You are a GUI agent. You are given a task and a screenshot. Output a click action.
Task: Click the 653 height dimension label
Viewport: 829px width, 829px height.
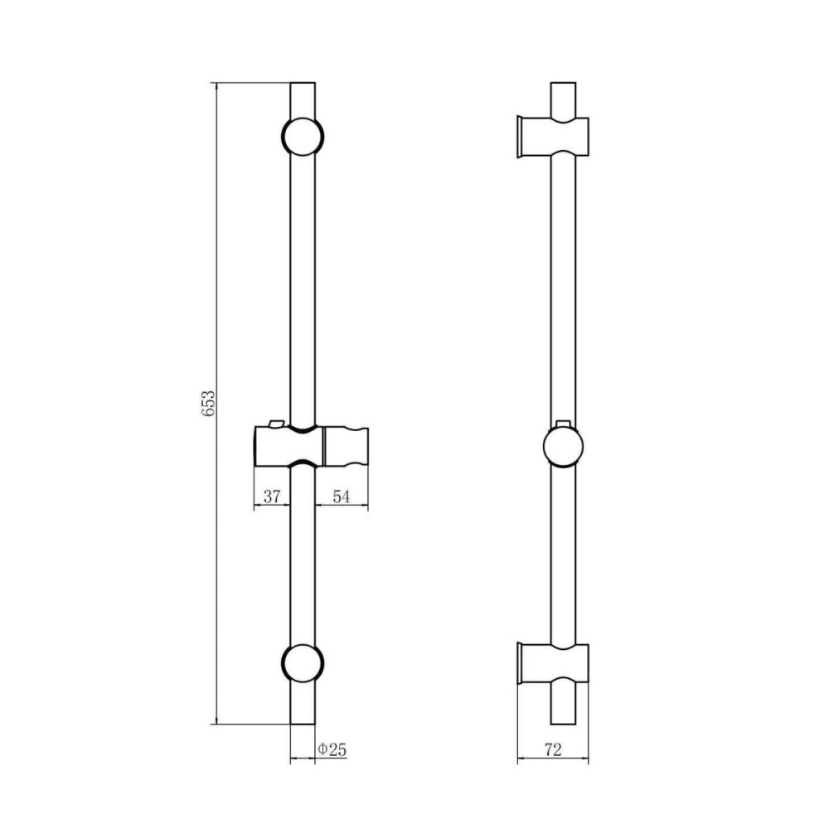(x=208, y=404)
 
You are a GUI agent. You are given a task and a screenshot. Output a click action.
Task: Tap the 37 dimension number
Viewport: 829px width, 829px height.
(x=272, y=497)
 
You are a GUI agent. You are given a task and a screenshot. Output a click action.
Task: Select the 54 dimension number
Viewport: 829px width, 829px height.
(x=341, y=497)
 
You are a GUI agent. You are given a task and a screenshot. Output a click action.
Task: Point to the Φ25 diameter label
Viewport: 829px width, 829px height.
(x=332, y=749)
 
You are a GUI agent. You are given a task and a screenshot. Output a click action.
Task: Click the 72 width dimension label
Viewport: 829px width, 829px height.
(x=552, y=749)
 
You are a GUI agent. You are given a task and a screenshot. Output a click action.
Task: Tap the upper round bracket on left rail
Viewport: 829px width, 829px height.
(x=303, y=137)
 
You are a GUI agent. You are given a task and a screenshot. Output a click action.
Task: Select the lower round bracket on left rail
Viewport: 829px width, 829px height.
(x=303, y=663)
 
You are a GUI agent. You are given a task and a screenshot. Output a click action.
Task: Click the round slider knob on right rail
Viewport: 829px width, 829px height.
(x=563, y=447)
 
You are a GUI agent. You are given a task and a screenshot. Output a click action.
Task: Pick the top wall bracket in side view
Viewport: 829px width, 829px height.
(x=553, y=137)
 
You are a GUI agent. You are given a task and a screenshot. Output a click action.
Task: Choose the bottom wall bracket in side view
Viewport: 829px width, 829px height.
(x=553, y=663)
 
